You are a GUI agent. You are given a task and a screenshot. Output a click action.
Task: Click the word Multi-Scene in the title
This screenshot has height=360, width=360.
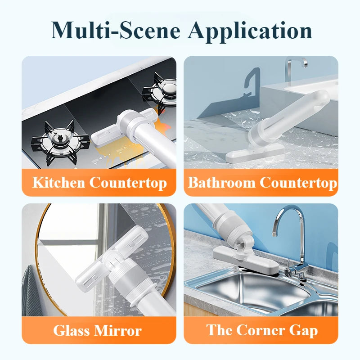click(x=116, y=30)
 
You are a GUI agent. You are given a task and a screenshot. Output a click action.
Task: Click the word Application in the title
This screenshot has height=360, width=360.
click(x=250, y=31)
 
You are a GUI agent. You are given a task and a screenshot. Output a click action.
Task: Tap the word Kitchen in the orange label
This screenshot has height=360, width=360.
click(x=59, y=183)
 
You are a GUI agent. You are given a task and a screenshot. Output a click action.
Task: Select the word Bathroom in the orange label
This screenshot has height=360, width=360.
click(x=221, y=183)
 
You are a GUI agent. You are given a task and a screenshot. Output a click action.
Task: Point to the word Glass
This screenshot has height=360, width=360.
click(x=72, y=331)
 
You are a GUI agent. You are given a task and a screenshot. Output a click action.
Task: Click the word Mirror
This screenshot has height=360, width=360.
click(x=118, y=331)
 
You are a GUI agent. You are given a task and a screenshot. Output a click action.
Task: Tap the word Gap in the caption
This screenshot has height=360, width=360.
click(x=303, y=331)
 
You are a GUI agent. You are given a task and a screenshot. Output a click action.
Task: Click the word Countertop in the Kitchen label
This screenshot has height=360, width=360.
click(x=128, y=183)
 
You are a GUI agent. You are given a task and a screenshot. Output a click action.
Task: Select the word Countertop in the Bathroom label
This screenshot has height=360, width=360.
click(x=298, y=183)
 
